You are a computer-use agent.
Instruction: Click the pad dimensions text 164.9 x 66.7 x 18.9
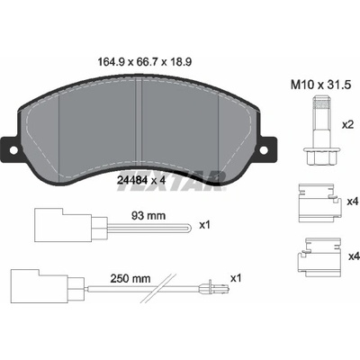click(x=145, y=62)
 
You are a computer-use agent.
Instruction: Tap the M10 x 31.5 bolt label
click(x=320, y=85)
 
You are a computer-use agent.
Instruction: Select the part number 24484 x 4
click(x=140, y=181)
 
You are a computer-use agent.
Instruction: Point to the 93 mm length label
click(x=148, y=215)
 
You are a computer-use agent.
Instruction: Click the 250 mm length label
click(x=130, y=279)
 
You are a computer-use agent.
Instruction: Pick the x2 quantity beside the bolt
click(x=348, y=125)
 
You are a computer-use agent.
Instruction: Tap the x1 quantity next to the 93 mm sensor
click(x=205, y=225)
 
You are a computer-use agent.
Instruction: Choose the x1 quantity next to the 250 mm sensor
click(x=236, y=278)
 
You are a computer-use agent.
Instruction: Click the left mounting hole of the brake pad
click(x=13, y=150)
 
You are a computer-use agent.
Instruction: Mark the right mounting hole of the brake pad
click(x=264, y=150)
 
